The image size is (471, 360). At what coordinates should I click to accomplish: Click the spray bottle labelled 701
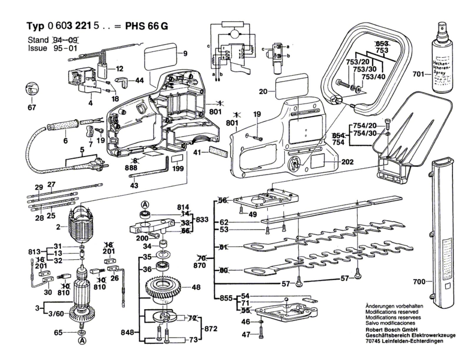click(441, 59)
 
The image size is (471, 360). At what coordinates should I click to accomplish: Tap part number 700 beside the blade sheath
click(419, 282)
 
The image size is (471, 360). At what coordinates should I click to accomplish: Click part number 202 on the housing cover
click(347, 162)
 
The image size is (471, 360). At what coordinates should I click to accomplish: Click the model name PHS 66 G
click(147, 26)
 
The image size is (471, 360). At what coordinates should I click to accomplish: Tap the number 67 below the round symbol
click(31, 107)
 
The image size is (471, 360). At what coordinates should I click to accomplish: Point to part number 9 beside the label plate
click(185, 54)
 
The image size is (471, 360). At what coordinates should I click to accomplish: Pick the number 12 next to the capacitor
click(119, 69)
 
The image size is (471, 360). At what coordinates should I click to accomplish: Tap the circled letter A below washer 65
click(82, 341)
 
